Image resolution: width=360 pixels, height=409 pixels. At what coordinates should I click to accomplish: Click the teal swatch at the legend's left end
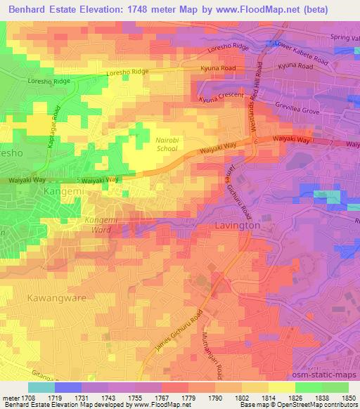pos(41,387)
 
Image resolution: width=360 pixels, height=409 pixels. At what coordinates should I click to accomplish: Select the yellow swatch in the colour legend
pos(282,387)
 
